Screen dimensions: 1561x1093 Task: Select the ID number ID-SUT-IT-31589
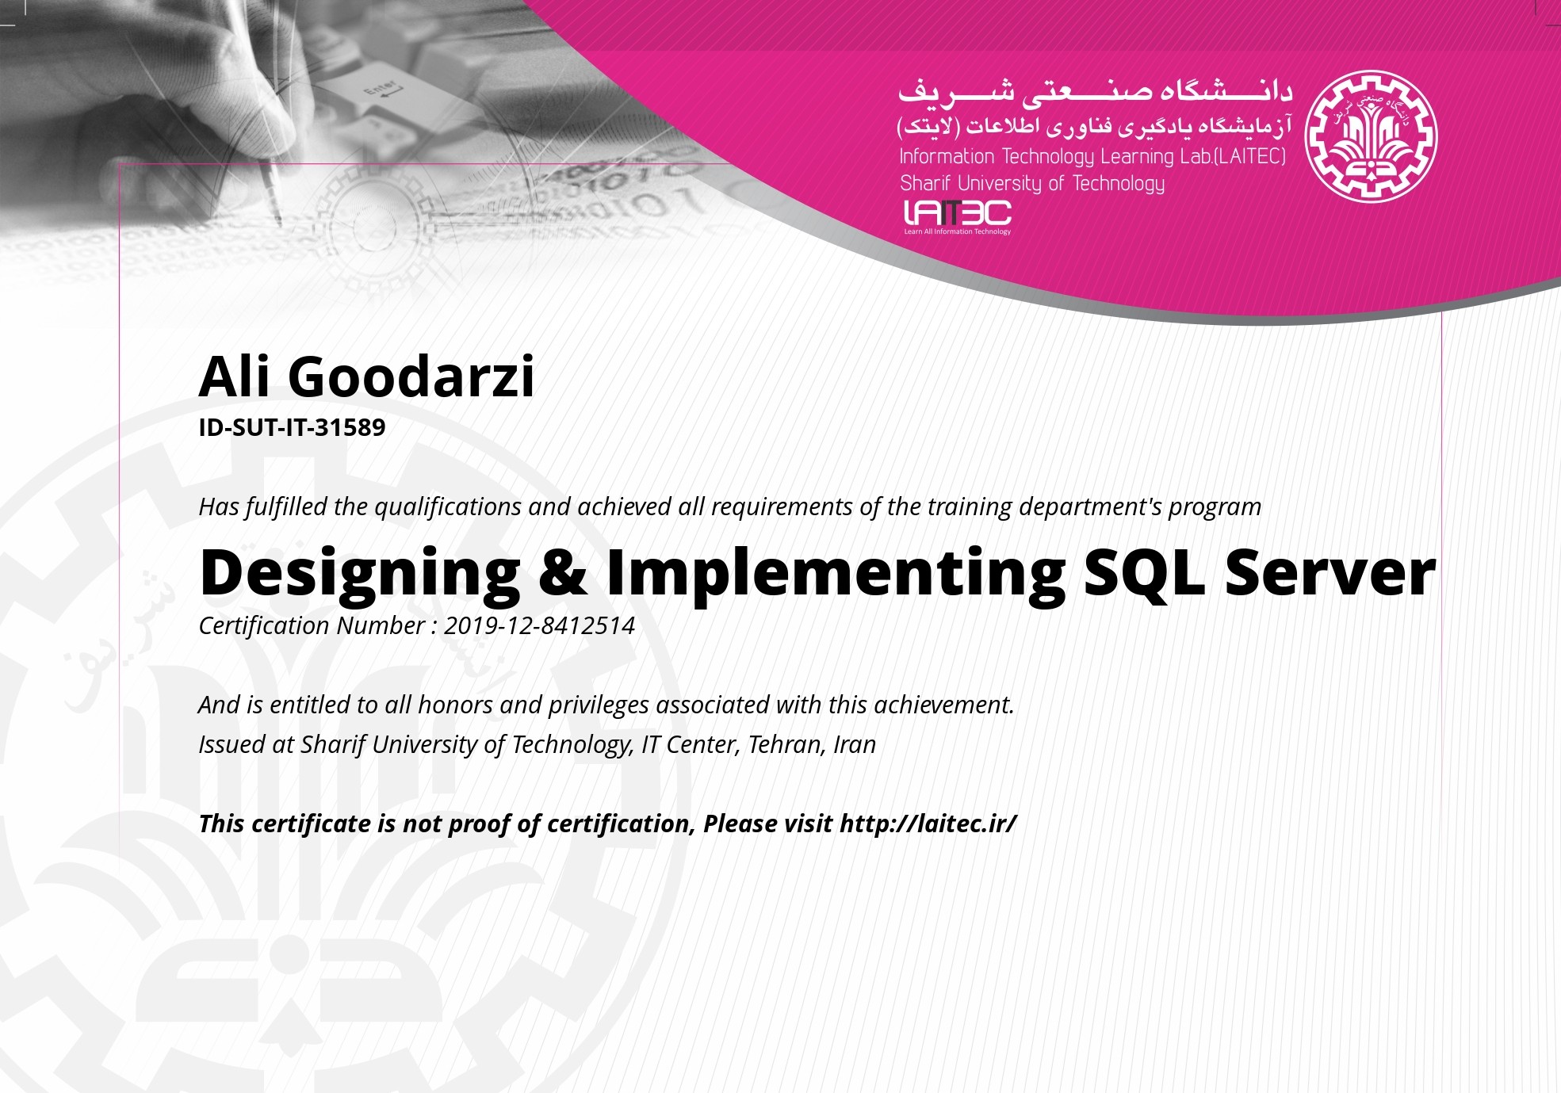pos(292,427)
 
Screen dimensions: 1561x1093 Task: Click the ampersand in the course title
pos(564,571)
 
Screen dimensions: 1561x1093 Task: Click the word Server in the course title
pos(1330,572)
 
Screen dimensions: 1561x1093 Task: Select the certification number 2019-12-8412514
pos(539,625)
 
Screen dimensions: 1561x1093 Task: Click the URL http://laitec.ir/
pos(928,824)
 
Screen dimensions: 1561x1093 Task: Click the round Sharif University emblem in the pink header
pos(1371,136)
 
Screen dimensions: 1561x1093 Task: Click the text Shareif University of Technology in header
pos(1032,184)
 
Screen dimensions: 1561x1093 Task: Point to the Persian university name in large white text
pos(1095,92)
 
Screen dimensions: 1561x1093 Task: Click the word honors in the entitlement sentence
pos(455,705)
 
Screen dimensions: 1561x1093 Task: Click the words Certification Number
pos(312,625)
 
